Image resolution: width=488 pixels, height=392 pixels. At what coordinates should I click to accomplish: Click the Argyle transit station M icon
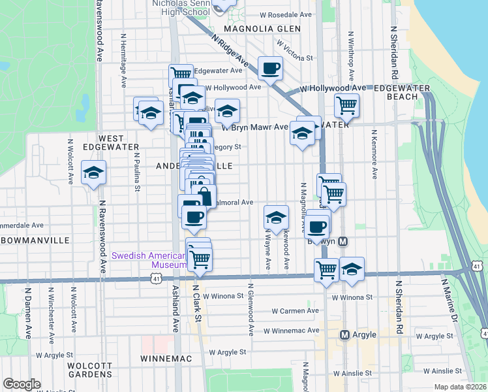(x=344, y=335)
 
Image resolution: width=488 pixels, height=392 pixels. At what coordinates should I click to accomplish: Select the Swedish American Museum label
(x=149, y=260)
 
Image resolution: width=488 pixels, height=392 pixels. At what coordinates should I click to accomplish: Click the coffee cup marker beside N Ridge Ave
(x=271, y=67)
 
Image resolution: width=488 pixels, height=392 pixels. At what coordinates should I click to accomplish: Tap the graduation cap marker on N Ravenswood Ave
(x=93, y=173)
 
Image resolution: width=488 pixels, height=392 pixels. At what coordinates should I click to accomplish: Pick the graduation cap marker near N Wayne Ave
(x=277, y=217)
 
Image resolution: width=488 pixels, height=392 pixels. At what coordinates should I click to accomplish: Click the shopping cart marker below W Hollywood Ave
(x=346, y=105)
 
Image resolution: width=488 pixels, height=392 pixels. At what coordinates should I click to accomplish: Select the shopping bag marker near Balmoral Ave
(x=204, y=197)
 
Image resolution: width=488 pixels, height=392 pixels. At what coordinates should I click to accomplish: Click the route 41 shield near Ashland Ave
(x=155, y=279)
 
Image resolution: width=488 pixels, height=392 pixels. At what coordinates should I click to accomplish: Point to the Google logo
(x=21, y=384)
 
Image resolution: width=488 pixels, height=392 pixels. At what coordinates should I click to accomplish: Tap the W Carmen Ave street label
(x=295, y=311)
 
